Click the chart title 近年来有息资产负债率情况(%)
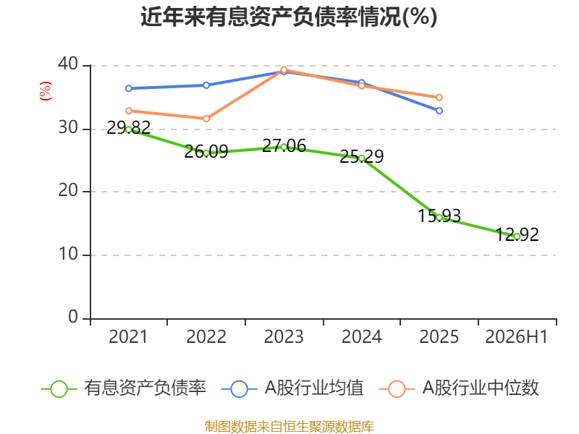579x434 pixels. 289,17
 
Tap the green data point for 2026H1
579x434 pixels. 517,237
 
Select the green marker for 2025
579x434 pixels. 439,218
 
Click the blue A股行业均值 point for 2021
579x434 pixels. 129,88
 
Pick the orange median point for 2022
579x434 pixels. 206,119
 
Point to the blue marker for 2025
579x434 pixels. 439,111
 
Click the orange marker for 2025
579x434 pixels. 439,98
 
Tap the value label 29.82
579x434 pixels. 129,128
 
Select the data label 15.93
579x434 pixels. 439,216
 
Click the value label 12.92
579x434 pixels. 517,234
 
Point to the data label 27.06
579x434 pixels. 284,146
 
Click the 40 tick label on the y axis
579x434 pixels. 68,64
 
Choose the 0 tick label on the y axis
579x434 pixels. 73,317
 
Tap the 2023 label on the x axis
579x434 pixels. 284,336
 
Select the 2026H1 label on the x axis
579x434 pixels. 516,336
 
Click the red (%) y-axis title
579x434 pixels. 46,91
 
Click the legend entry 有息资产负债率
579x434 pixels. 124,388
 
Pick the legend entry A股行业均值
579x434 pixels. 292,388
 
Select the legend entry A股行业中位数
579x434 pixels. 459,388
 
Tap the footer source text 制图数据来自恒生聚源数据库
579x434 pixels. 289,427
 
